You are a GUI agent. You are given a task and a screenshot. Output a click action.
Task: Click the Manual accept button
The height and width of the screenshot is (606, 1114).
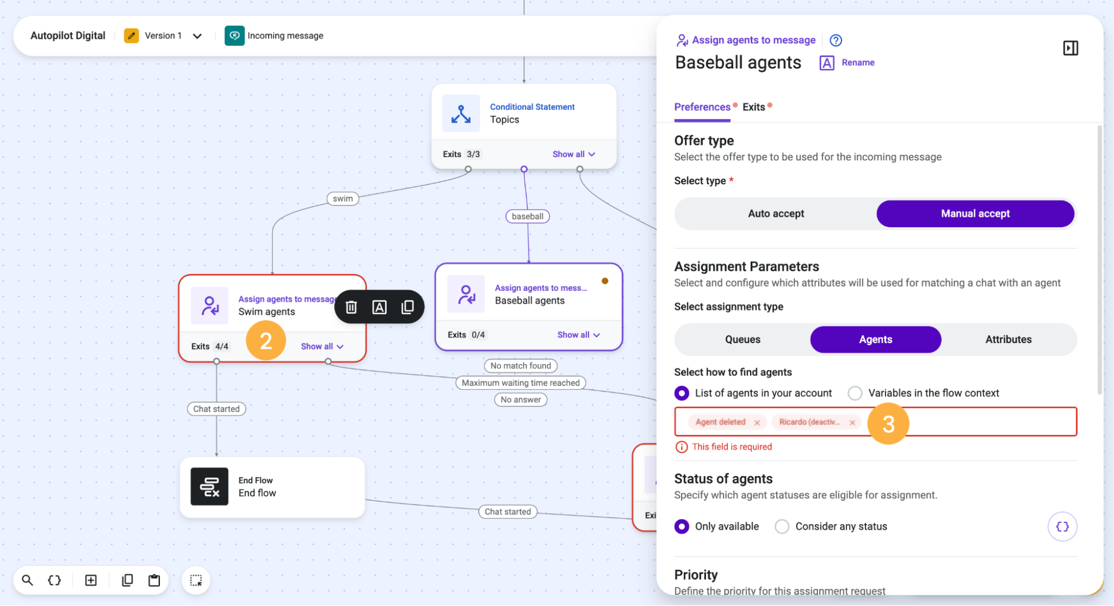click(975, 214)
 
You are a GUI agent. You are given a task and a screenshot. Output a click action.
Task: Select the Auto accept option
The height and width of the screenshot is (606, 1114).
click(776, 214)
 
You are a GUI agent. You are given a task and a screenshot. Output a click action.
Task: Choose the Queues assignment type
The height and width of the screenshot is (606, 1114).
click(742, 340)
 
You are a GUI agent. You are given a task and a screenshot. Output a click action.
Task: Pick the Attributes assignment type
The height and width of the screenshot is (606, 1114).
click(1008, 340)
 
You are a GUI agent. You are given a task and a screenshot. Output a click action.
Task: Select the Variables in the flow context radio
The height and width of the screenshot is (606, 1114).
click(855, 393)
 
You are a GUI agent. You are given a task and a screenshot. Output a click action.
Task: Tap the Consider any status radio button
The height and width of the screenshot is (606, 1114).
click(782, 526)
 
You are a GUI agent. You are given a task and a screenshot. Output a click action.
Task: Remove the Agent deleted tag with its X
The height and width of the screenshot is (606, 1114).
click(757, 423)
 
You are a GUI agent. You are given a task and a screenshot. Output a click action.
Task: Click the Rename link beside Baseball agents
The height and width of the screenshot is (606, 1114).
click(858, 63)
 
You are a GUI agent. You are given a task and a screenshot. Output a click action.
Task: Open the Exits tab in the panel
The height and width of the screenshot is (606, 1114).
click(753, 107)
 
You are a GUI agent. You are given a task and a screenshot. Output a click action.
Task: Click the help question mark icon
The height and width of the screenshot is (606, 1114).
click(835, 40)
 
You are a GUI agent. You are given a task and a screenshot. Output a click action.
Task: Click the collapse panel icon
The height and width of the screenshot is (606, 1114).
click(1070, 48)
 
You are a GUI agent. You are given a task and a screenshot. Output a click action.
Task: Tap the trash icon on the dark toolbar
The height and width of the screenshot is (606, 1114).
click(351, 307)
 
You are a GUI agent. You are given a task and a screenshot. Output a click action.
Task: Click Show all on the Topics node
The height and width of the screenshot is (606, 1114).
click(573, 154)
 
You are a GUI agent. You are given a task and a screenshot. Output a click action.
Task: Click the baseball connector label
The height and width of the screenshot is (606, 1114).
click(527, 217)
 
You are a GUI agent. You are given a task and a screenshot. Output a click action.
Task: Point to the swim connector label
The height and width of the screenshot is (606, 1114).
click(343, 199)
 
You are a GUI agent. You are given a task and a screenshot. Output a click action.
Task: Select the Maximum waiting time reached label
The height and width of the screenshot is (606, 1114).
click(520, 383)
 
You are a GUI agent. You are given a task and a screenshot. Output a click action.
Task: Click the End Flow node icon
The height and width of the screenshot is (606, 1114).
click(210, 487)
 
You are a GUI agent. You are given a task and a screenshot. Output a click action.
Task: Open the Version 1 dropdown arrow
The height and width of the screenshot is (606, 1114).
click(197, 36)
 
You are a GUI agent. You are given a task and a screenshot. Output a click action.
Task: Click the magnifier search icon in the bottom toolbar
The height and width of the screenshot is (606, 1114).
click(27, 580)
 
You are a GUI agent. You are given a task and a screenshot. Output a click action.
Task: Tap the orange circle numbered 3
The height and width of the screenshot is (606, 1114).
click(888, 424)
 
